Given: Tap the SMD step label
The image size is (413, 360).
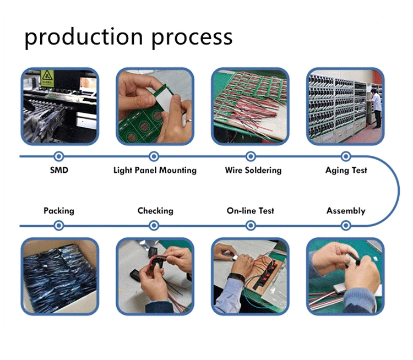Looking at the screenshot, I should pyautogui.click(x=59, y=170).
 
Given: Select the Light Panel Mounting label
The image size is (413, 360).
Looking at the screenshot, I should pyautogui.click(x=155, y=170).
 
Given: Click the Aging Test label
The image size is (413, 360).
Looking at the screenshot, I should pyautogui.click(x=346, y=170).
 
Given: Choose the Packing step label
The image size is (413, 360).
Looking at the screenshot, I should pyautogui.click(x=59, y=210).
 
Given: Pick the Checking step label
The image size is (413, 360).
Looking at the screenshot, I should pyautogui.click(x=155, y=210).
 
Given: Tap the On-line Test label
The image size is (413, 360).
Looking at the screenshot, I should pyautogui.click(x=251, y=210).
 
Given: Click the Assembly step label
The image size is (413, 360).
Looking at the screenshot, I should pyautogui.click(x=346, y=210).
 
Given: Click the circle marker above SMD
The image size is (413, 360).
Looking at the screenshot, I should pyautogui.click(x=59, y=156).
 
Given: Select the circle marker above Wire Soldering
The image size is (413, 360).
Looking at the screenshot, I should pyautogui.click(x=251, y=156).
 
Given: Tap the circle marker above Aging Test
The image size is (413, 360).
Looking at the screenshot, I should pyautogui.click(x=346, y=156).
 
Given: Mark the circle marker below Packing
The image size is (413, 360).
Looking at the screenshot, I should pyautogui.click(x=59, y=225).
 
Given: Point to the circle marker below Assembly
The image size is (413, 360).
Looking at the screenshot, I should pyautogui.click(x=346, y=225).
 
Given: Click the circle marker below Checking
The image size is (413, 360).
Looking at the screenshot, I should pyautogui.click(x=154, y=225).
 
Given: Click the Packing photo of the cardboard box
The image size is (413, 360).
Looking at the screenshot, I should pyautogui.click(x=59, y=276).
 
